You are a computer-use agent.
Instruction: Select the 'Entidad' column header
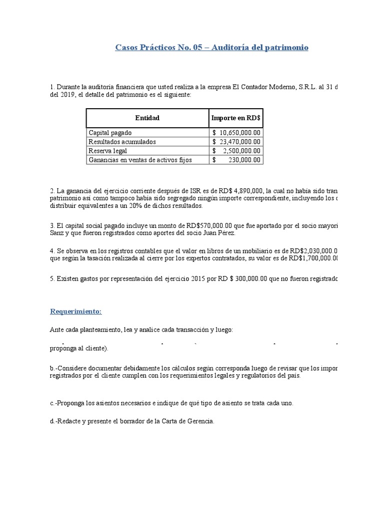click(x=147, y=118)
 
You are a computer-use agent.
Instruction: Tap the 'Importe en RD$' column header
click(x=236, y=118)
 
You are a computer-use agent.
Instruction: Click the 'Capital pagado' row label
click(x=110, y=133)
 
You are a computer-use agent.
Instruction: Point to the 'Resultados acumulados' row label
click(x=122, y=142)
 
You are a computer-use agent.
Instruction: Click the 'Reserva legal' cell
click(x=107, y=151)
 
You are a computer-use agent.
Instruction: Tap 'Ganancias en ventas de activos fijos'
click(x=140, y=160)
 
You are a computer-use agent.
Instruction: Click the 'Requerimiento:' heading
click(x=75, y=311)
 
